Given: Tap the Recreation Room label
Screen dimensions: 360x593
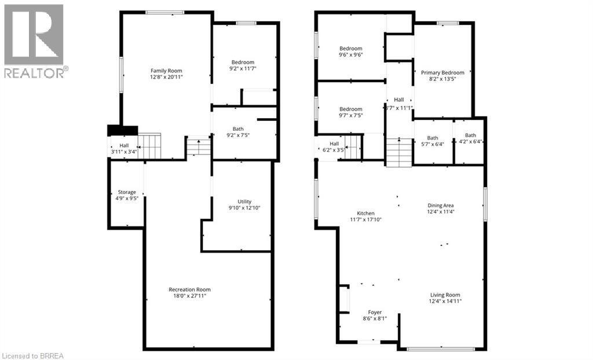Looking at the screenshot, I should coord(189,289).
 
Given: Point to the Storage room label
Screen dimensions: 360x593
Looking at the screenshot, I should coord(127,192).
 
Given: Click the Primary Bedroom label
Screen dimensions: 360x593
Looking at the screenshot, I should coord(442,72).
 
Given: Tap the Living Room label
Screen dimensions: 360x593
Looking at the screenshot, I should coord(445,295).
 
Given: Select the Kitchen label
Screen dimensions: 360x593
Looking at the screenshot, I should coord(365,213).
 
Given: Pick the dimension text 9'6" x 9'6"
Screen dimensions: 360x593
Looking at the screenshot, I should coord(351,55).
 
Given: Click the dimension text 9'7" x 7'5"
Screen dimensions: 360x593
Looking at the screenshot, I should coord(351,116).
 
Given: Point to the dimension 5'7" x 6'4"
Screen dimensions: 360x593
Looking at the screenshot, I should coord(433,144).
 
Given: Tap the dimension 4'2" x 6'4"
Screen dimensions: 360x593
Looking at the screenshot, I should coord(470,142).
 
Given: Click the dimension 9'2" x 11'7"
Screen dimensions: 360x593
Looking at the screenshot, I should coord(243,69).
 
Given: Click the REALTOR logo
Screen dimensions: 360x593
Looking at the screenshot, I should coord(34,41).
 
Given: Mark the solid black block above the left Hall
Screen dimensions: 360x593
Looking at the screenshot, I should coord(122,131).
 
